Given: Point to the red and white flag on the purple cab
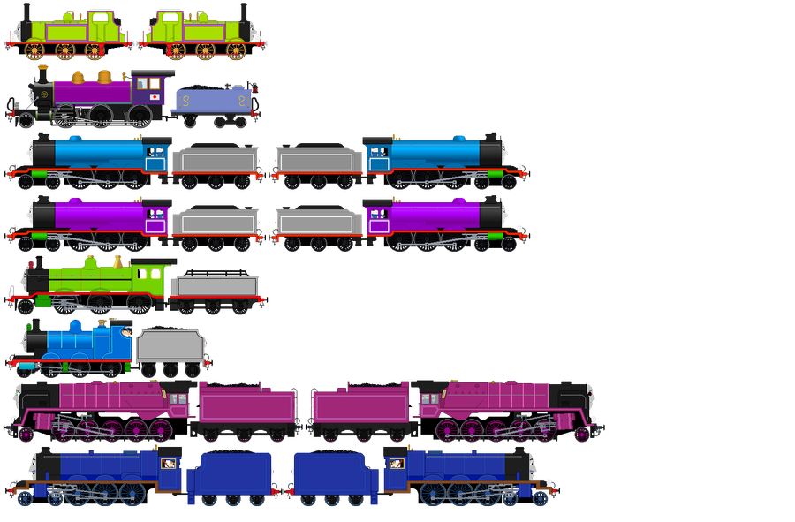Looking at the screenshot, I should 155,96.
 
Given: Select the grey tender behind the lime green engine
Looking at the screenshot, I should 215,287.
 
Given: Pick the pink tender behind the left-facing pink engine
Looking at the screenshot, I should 246,405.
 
